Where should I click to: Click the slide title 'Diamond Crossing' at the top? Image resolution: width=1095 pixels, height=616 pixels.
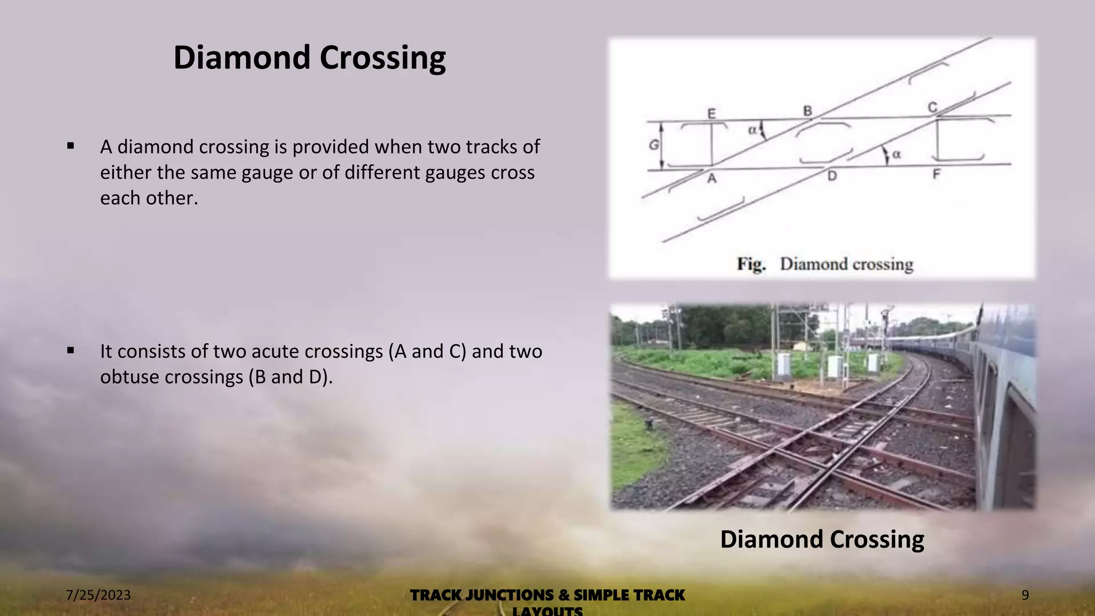pyautogui.click(x=309, y=58)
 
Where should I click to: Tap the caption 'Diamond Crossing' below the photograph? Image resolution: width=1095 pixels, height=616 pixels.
pyautogui.click(x=822, y=539)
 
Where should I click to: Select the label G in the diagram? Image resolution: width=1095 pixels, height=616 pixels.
pyautogui.click(x=653, y=144)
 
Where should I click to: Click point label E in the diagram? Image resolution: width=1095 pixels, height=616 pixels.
pyautogui.click(x=711, y=113)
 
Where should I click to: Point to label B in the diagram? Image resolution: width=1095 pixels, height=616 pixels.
pyautogui.click(x=807, y=111)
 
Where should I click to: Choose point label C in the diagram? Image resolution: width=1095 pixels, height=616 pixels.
pyautogui.click(x=932, y=107)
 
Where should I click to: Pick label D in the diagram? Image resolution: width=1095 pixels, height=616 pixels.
pyautogui.click(x=832, y=176)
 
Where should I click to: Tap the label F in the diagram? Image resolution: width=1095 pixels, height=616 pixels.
pyautogui.click(x=936, y=174)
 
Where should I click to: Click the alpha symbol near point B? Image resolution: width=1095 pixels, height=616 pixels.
pyautogui.click(x=752, y=129)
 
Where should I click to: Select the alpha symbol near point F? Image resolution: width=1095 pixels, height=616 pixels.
pyautogui.click(x=897, y=154)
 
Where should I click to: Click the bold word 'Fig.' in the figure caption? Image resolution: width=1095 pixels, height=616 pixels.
pyautogui.click(x=751, y=264)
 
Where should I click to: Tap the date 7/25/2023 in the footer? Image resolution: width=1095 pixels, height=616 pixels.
pyautogui.click(x=98, y=595)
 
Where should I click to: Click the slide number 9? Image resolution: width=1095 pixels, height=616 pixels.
pyautogui.click(x=1025, y=595)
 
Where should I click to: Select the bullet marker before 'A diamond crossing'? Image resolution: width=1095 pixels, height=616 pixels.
pyautogui.click(x=71, y=145)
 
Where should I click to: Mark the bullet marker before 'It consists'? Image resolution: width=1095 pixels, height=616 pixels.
pyautogui.click(x=71, y=350)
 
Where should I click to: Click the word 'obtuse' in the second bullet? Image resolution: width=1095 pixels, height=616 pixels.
pyautogui.click(x=129, y=377)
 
